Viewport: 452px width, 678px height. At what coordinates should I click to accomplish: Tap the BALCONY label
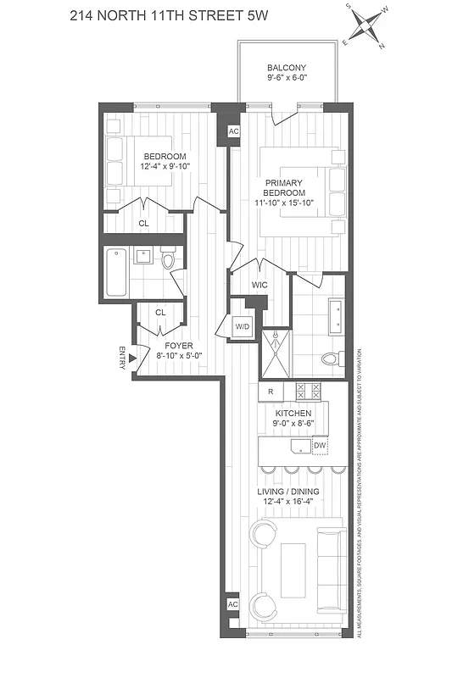click(287, 68)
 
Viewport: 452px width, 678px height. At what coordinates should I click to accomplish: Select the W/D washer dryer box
click(241, 325)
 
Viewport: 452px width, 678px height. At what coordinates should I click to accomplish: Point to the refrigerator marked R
click(270, 392)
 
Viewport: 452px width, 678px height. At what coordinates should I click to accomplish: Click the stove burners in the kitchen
click(307, 392)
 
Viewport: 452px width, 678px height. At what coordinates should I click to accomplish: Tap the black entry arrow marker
click(132, 358)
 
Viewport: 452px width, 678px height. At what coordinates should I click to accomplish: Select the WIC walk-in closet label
click(259, 285)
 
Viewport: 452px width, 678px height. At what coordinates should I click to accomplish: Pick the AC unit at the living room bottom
click(233, 605)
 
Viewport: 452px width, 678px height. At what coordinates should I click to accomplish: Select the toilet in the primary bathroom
click(333, 358)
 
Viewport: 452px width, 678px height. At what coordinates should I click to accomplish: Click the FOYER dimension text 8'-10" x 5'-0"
click(179, 357)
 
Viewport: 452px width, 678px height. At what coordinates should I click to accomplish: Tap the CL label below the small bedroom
click(143, 224)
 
